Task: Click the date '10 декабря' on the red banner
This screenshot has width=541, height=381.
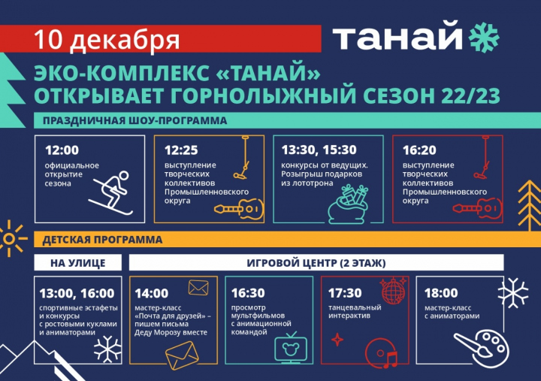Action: tap(107, 41)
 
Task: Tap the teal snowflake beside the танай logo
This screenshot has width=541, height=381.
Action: tap(484, 38)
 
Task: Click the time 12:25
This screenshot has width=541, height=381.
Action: tap(181, 150)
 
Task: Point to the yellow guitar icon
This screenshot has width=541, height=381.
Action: tap(238, 208)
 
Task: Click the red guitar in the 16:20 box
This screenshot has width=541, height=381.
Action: tap(477, 208)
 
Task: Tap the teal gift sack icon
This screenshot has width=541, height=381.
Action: tap(349, 204)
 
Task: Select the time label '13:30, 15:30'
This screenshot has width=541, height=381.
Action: tap(319, 150)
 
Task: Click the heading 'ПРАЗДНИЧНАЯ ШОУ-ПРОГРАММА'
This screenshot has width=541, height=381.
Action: tap(135, 121)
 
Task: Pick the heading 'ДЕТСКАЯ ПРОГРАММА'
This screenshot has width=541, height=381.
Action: tap(102, 240)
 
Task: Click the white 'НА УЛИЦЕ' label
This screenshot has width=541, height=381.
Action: tap(78, 263)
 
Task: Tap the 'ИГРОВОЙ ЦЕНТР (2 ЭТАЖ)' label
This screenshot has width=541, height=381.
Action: tap(316, 263)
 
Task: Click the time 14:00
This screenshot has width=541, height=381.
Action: tap(152, 293)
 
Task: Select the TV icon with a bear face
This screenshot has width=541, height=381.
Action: tap(291, 347)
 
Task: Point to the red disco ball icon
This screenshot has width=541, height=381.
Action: tap(393, 290)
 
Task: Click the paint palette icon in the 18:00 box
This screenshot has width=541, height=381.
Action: tap(482, 347)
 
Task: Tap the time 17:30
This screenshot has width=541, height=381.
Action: tap(345, 293)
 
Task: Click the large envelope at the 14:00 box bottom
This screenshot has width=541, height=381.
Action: tap(182, 355)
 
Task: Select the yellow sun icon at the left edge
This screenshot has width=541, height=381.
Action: tap(10, 238)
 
